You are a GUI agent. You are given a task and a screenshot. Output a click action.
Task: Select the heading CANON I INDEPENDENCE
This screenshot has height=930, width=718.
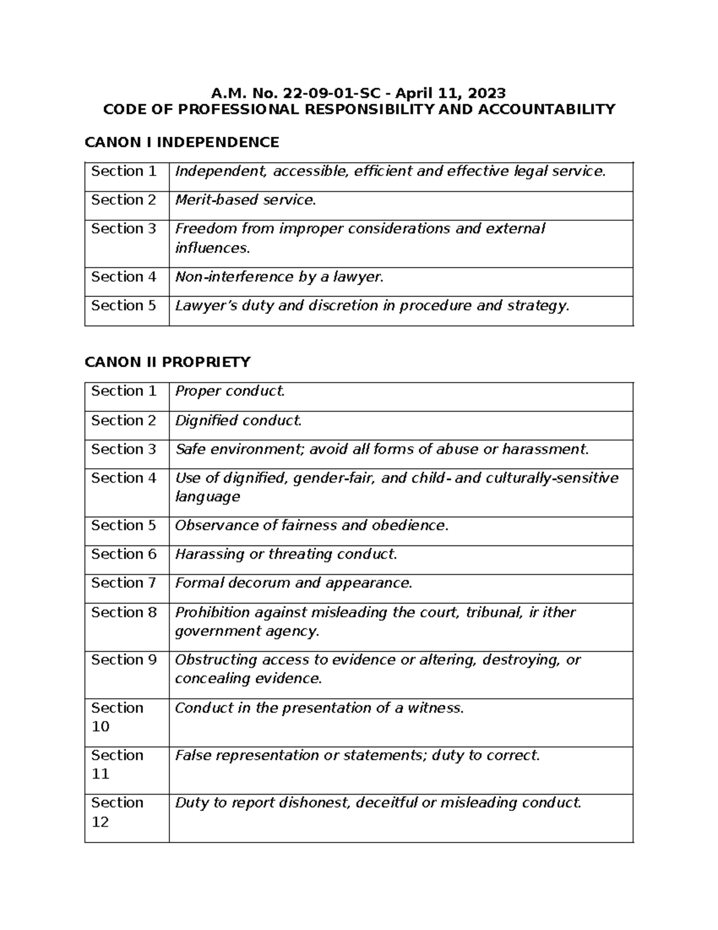click(x=182, y=142)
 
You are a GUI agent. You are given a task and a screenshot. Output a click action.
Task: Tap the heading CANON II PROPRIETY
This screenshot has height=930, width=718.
click(x=168, y=362)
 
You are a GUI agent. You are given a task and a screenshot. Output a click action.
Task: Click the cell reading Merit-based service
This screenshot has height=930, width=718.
click(x=245, y=200)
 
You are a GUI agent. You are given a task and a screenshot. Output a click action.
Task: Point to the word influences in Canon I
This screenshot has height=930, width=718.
click(x=212, y=248)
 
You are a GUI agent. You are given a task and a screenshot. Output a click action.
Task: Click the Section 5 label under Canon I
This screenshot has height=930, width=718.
click(x=123, y=305)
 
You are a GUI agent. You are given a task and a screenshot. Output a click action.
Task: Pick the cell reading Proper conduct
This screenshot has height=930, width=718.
click(x=230, y=391)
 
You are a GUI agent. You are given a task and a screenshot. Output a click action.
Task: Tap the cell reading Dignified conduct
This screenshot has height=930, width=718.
click(x=238, y=420)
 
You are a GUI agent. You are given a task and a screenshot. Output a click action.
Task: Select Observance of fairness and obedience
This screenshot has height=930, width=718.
click(x=311, y=525)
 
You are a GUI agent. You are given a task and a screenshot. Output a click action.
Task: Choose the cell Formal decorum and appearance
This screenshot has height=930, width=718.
click(x=293, y=583)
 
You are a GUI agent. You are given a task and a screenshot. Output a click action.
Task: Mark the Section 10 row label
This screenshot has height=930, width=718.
click(x=117, y=717)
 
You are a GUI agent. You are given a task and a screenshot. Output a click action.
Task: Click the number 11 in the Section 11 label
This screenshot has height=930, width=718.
click(x=100, y=774)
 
